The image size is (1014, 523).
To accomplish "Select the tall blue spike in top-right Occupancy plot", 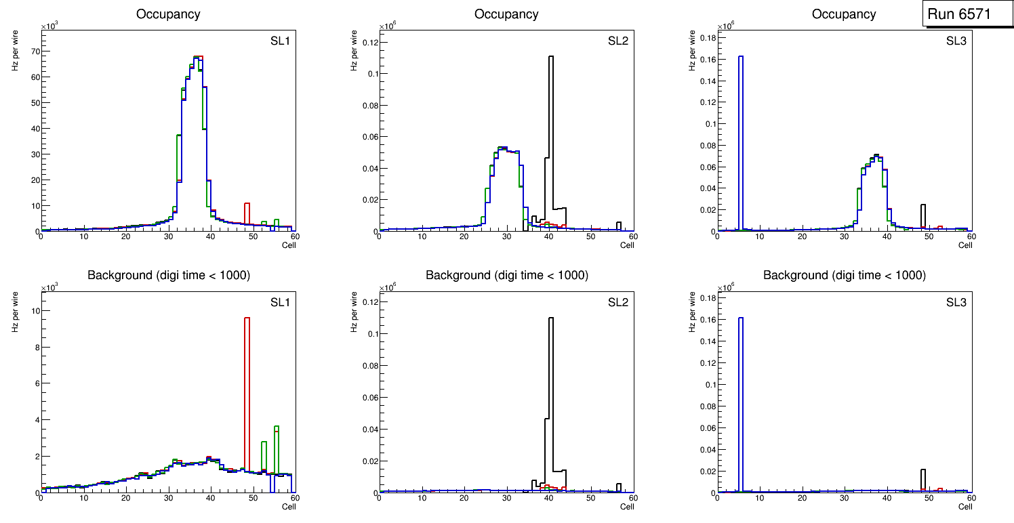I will (x=741, y=135).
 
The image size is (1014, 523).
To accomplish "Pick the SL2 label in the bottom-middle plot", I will (x=618, y=301).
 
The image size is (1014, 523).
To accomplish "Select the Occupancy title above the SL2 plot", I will (x=506, y=14).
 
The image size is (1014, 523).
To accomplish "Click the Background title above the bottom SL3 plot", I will (x=845, y=275).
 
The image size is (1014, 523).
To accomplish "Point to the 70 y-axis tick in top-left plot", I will (x=34, y=51).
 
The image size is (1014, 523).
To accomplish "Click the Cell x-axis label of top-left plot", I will (x=289, y=245).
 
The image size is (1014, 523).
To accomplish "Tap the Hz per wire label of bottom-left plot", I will (x=15, y=311).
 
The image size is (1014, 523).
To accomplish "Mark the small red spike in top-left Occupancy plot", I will (x=247, y=215).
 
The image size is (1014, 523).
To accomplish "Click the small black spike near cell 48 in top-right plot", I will (x=922, y=217).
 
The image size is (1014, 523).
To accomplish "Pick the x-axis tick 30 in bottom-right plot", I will (x=845, y=499).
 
